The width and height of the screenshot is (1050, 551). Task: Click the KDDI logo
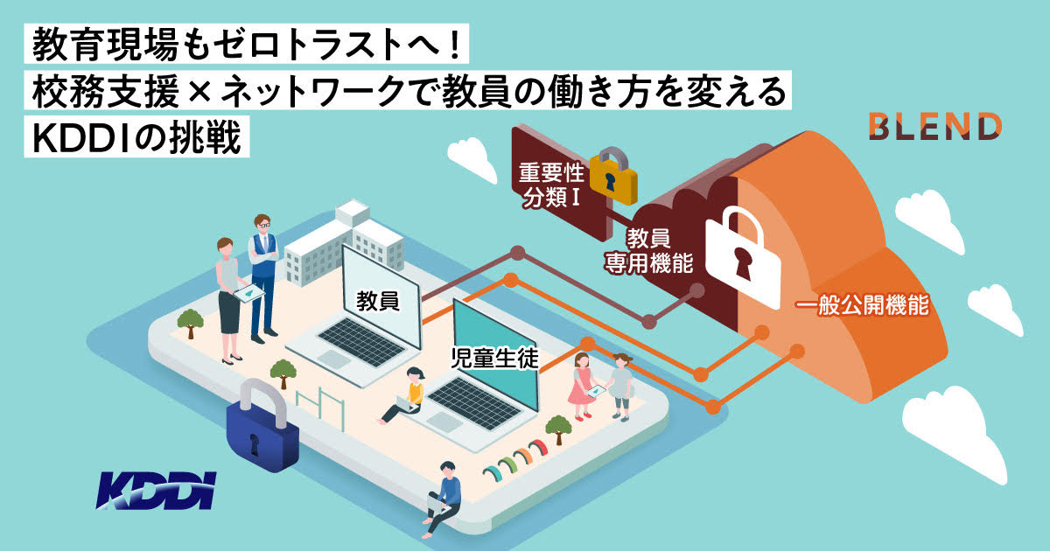tap(155, 492)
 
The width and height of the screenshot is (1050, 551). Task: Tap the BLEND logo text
tap(934, 126)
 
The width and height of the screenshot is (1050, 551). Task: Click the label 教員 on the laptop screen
tap(378, 301)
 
